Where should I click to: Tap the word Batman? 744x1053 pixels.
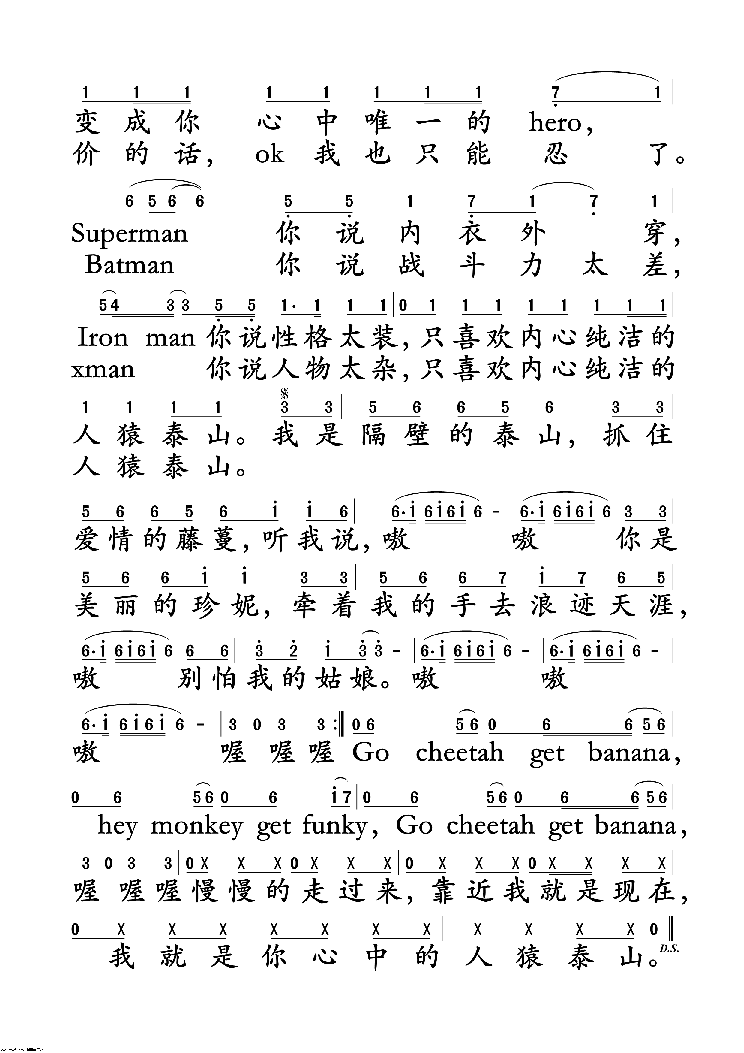click(130, 265)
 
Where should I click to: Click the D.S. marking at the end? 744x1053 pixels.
click(669, 949)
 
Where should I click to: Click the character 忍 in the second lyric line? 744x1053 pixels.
click(556, 155)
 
